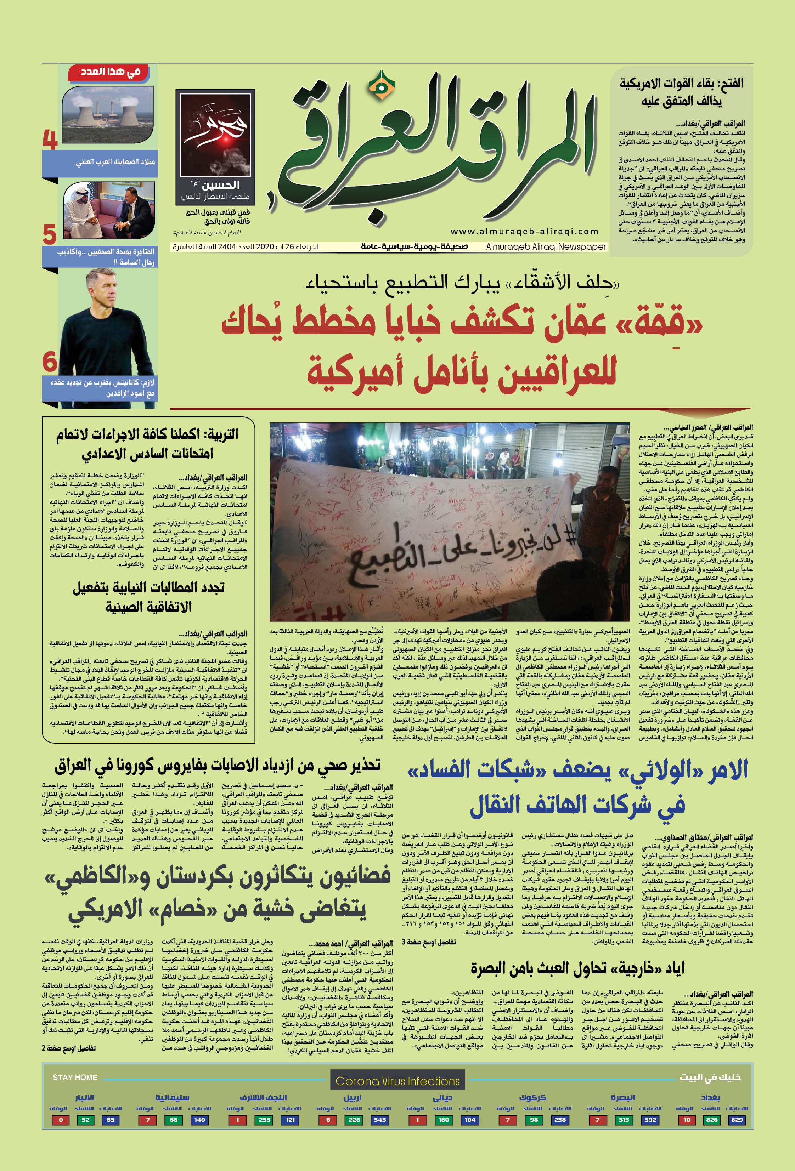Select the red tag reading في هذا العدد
click(x=111, y=72)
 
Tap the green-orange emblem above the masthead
click(x=374, y=84)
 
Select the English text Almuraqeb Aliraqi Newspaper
click(x=546, y=247)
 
